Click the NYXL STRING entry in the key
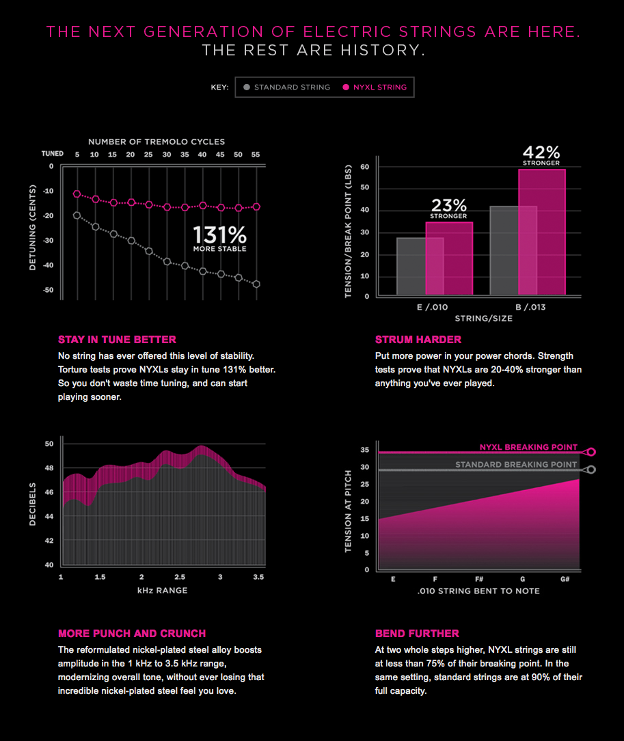click(375, 87)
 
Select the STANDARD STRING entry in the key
click(286, 87)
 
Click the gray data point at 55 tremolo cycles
click(256, 284)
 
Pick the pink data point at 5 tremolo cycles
click(77, 194)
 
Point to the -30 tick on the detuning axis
click(49, 241)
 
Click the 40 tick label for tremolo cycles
click(202, 155)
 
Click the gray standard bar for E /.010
click(411, 267)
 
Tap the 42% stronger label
click(541, 155)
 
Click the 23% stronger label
click(448, 208)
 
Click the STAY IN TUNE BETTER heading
click(117, 340)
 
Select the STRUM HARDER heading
click(418, 340)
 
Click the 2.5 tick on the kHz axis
click(180, 578)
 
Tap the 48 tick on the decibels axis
click(49, 468)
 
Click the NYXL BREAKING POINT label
click(528, 447)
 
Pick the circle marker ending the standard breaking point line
click(591, 470)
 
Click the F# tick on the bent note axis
click(479, 580)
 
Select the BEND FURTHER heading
click(417, 634)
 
